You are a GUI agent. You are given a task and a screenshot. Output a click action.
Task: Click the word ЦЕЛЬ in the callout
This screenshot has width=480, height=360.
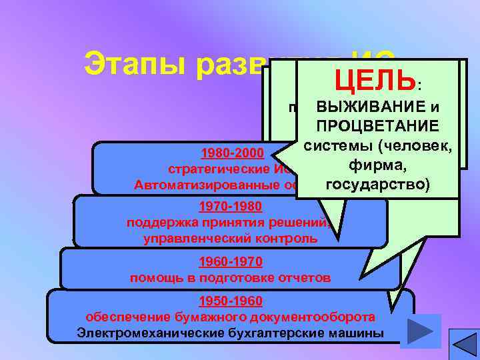tap(376, 81)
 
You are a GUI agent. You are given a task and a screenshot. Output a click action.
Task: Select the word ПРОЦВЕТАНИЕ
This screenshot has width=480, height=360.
tap(377, 127)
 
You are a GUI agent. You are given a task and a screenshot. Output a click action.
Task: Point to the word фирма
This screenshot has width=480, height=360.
tap(377, 164)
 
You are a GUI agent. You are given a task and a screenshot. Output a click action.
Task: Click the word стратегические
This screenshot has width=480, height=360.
tap(205, 167)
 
